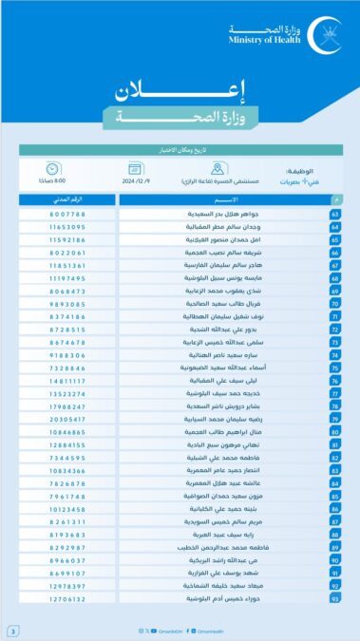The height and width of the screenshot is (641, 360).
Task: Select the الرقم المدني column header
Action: point(66,200)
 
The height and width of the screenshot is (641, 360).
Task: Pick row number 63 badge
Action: point(336,215)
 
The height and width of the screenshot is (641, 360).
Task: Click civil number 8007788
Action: point(66,215)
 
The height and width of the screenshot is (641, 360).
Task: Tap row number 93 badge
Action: point(336,600)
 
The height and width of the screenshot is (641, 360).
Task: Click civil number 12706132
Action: point(66,600)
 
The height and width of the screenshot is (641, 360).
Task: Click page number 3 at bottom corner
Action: point(13,631)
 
